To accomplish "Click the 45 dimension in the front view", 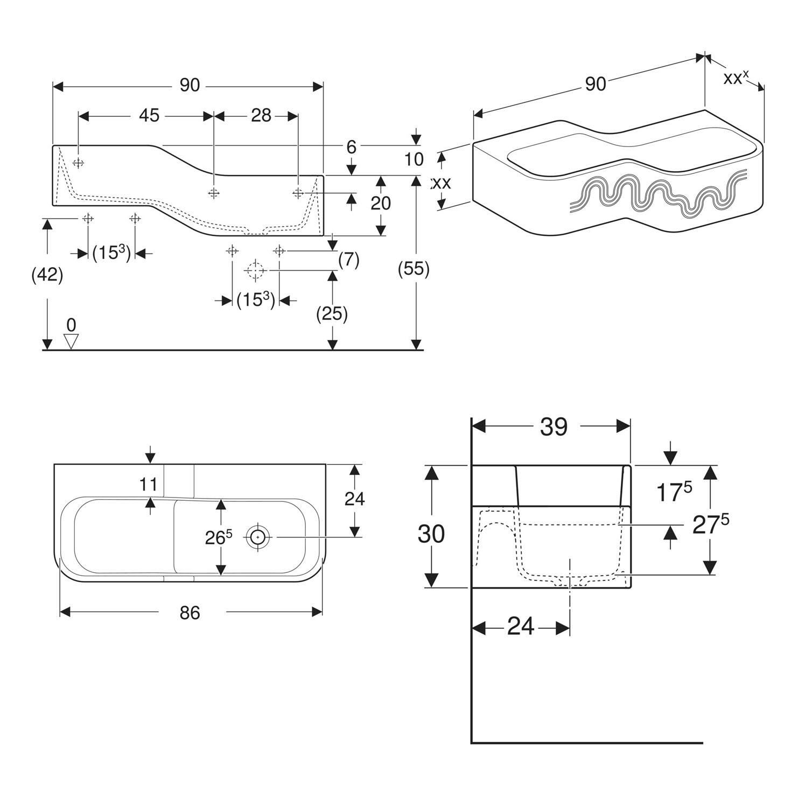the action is (x=150, y=115).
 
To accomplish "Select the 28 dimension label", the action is (x=261, y=115).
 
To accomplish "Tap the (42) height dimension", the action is (x=47, y=275).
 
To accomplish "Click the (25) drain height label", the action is (x=332, y=313).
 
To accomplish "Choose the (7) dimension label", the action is (x=348, y=260).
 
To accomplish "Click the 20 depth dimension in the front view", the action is (x=381, y=203).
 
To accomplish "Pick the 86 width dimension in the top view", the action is (x=190, y=612).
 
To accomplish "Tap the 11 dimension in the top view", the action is (x=149, y=484).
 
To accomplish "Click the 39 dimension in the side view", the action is (x=554, y=427).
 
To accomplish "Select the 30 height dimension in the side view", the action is (x=432, y=534).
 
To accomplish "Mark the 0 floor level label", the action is (x=71, y=325).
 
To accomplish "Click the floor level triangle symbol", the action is (x=71, y=340).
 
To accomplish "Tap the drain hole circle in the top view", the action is (x=258, y=537).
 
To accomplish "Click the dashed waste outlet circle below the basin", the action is (x=255, y=269).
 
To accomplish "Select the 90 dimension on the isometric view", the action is (x=595, y=84).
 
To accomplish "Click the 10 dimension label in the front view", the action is (x=414, y=159).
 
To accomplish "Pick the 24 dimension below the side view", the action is (x=521, y=627).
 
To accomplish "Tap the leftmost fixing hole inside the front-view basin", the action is (x=79, y=163).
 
